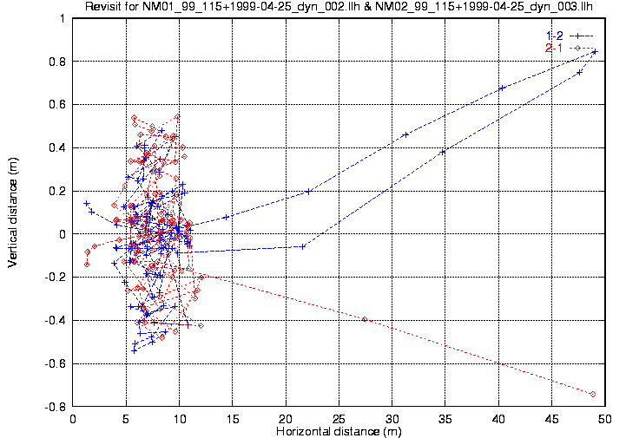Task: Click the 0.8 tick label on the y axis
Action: (x=57, y=62)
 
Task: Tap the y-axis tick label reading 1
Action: (x=63, y=18)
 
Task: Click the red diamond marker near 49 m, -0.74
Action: (x=593, y=394)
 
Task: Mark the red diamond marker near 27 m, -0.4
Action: (x=364, y=319)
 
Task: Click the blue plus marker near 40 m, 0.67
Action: (x=501, y=88)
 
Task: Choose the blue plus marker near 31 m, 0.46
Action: (x=405, y=134)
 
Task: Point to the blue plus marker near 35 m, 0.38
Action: (x=443, y=152)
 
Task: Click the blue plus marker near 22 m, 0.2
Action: (x=308, y=192)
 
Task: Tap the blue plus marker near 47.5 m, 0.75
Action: (x=579, y=72)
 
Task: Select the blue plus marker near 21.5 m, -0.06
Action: (x=302, y=246)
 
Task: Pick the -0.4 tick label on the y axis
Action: (x=55, y=320)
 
